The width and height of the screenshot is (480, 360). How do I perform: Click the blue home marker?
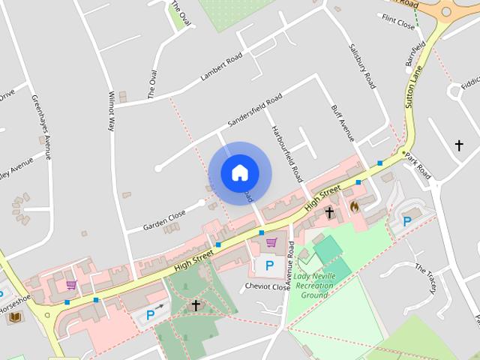pos(239,172)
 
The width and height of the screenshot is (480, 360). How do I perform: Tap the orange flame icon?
pos(354,204)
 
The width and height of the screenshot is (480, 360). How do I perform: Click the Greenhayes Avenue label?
pos(41,126)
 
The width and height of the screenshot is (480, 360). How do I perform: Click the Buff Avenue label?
pos(342,124)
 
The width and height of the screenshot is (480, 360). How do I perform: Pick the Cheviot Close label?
pos(266,287)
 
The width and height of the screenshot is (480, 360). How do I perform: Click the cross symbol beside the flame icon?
pos(329,213)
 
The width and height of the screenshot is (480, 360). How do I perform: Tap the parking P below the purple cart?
pos(269,265)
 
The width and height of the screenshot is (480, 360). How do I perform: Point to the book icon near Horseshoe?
pos(14,317)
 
